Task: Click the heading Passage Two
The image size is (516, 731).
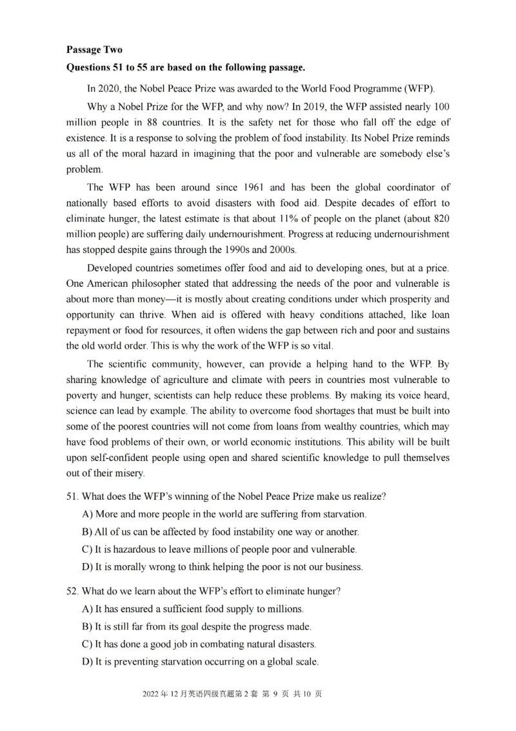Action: pos(94,50)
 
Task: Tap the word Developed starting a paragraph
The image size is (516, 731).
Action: pos(109,267)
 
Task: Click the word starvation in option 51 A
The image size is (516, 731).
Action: pos(343,515)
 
